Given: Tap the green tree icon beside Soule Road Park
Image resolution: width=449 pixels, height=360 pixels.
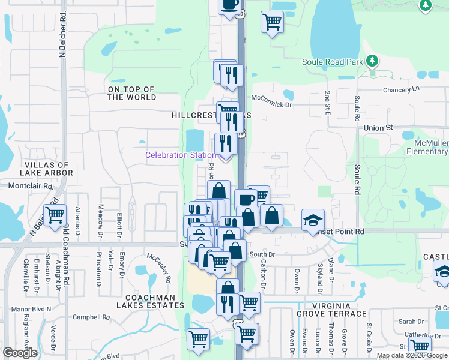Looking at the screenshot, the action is (x=372, y=61).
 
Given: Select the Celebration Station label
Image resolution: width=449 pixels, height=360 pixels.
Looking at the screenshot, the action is (x=181, y=155).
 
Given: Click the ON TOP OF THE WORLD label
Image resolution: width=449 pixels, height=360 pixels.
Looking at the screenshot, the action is (x=131, y=93).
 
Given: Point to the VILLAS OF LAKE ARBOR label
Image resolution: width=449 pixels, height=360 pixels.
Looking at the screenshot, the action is (x=49, y=169).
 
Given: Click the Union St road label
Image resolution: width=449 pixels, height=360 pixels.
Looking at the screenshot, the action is (x=378, y=128).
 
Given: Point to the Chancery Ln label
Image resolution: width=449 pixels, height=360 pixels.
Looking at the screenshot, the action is (x=401, y=89).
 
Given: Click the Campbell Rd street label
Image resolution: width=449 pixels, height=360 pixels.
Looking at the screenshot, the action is (x=91, y=317).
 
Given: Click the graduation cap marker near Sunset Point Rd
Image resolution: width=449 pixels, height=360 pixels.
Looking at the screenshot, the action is (x=313, y=220).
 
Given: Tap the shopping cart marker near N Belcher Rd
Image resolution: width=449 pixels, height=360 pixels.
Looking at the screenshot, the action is (x=55, y=214).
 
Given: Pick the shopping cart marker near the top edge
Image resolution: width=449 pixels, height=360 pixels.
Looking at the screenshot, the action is (x=272, y=22).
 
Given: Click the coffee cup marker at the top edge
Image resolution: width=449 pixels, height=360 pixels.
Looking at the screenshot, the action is (x=229, y=5).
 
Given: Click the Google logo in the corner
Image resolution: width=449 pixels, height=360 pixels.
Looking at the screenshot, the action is (x=20, y=353).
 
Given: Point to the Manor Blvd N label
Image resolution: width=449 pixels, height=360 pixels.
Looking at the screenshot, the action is (x=32, y=309).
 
